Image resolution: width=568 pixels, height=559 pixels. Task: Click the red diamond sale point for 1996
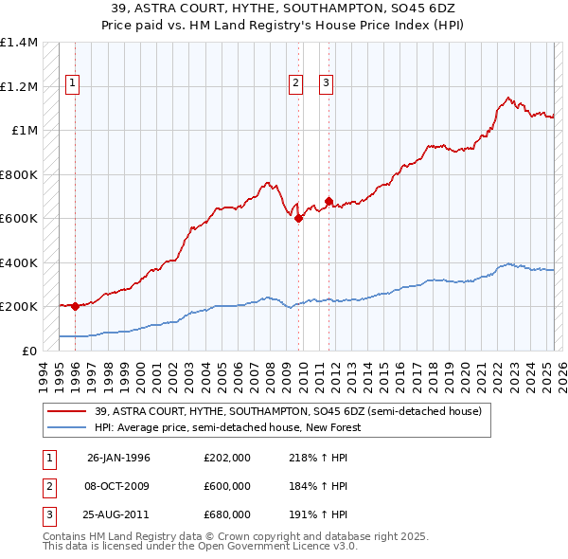[75, 306]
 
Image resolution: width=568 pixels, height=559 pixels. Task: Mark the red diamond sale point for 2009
[299, 218]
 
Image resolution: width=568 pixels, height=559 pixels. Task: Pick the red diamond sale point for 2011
[328, 201]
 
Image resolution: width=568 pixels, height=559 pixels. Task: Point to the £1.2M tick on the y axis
[18, 86]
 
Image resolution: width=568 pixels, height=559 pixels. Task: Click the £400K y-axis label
[18, 262]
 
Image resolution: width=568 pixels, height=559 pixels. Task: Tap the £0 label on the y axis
[27, 351]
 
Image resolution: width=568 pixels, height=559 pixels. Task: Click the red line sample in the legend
[66, 411]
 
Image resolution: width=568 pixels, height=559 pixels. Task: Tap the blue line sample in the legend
[66, 427]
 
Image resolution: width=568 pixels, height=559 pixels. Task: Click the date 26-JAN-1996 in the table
[118, 458]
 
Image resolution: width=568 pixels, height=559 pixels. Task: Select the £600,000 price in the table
[227, 486]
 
